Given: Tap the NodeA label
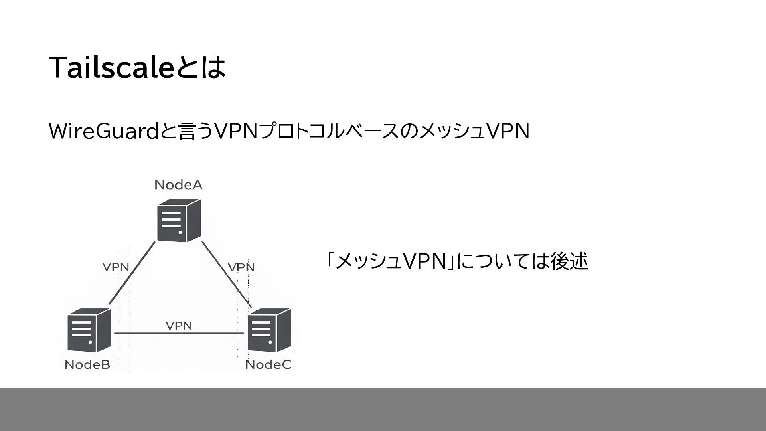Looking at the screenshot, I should [x=178, y=184].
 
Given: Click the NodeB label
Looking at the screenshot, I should [x=87, y=364].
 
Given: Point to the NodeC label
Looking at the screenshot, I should [x=268, y=364].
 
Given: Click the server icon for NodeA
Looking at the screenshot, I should [x=178, y=221].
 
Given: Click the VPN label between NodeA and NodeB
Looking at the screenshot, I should [x=116, y=267].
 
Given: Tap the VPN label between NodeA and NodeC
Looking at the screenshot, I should [x=241, y=267].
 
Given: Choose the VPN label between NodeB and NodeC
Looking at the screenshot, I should [x=179, y=326].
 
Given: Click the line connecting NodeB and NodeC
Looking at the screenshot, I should [x=179, y=333].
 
